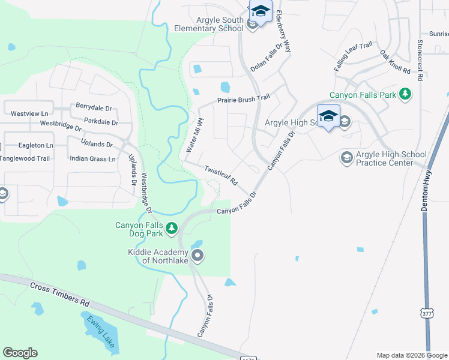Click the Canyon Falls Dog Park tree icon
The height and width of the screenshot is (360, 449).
tap(172, 227)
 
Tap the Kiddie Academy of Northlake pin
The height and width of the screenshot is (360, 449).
tap(199, 256)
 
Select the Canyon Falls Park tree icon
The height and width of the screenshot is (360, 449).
tap(405, 94)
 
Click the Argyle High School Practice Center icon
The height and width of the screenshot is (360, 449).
tap(346, 158)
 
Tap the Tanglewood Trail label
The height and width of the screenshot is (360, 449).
tap(25, 158)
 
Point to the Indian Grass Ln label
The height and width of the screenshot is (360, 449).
tap(92, 159)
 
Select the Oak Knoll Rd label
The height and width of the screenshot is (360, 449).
tap(395, 62)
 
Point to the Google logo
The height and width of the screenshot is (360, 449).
tap(20, 353)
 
